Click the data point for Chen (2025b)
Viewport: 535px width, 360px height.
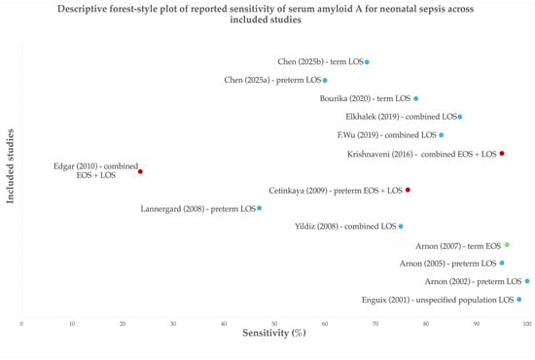tap(367, 62)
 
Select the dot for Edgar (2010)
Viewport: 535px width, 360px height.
tap(140, 171)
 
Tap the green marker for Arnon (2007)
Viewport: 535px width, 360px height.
tap(507, 244)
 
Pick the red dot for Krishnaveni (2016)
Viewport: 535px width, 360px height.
tap(502, 154)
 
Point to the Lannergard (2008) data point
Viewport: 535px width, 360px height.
tap(260, 208)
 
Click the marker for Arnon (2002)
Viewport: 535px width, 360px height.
tap(527, 281)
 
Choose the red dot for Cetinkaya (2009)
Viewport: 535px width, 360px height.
tap(408, 190)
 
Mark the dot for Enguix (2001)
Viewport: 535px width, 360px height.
tap(519, 300)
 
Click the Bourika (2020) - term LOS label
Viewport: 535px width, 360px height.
tap(365, 98)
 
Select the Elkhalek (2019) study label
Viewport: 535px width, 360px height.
tap(401, 117)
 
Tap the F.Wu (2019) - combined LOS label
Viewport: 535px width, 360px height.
tap(387, 135)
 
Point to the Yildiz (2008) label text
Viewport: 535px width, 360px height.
tap(345, 227)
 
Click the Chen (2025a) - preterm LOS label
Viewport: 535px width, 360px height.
tap(272, 80)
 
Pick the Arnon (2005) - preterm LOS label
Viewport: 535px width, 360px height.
tap(448, 264)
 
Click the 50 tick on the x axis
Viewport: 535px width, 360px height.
tap(274, 324)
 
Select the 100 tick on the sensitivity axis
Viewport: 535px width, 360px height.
tap(527, 324)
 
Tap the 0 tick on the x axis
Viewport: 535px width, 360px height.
tap(21, 324)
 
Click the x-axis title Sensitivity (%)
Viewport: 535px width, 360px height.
tap(274, 333)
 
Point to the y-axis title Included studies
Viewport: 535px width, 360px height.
tap(11, 166)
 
